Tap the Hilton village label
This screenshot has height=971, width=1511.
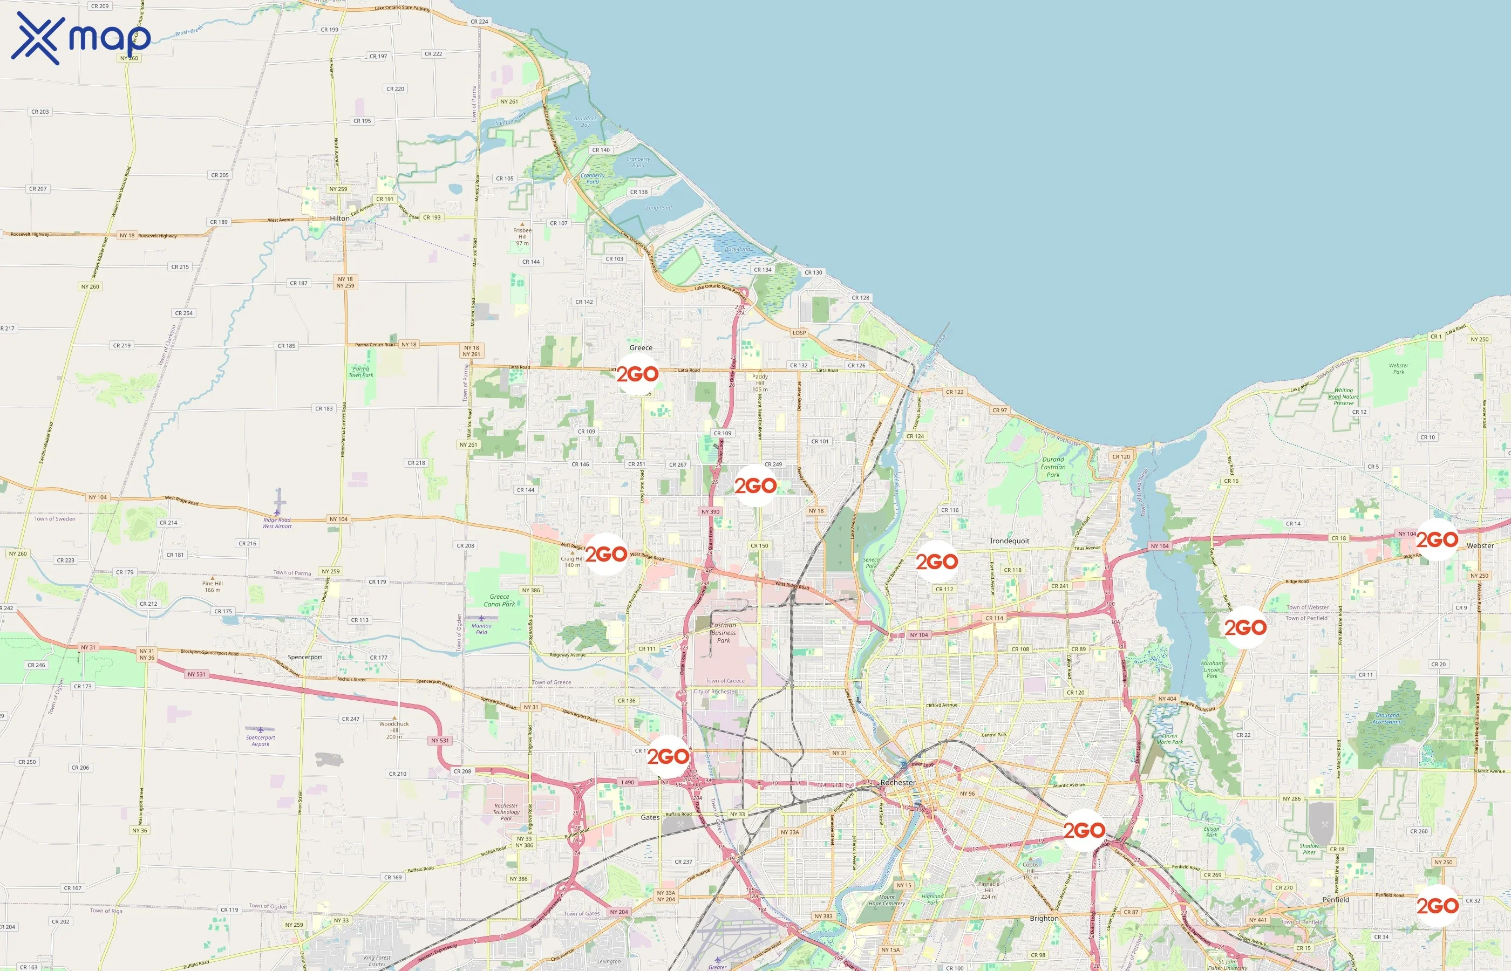339,218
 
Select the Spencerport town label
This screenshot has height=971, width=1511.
304,657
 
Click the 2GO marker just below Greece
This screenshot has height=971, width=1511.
637,374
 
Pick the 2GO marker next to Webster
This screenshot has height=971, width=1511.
1437,540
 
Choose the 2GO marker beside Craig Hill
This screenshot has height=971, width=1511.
606,554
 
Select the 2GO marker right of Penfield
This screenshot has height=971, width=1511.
1437,906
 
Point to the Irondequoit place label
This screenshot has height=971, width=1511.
1009,541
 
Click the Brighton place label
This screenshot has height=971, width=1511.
1044,918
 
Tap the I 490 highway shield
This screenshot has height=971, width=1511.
628,783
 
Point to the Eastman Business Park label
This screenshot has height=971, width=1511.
723,632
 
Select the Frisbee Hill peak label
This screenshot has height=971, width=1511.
522,236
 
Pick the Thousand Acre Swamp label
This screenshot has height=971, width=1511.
1387,719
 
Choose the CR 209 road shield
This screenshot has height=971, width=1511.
100,6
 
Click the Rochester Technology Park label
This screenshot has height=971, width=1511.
506,812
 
